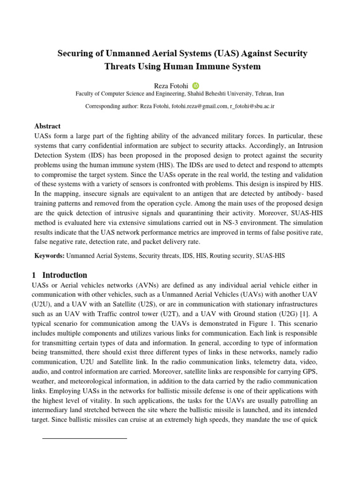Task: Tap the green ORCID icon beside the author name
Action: click(195, 86)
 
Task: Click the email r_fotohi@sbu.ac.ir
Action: click(252, 106)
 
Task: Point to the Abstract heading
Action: click(47, 126)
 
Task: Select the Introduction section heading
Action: click(64, 275)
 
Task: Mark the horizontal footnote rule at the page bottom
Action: click(84, 438)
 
